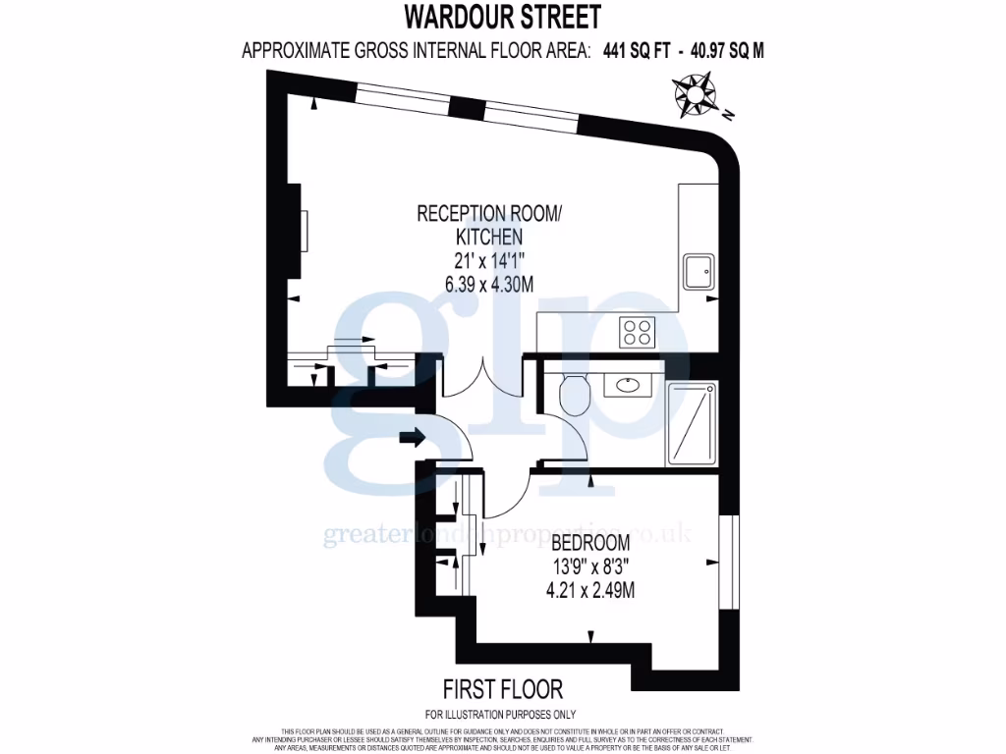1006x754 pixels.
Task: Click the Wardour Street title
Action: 502,18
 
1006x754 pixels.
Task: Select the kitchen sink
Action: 700,271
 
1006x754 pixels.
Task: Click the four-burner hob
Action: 637,332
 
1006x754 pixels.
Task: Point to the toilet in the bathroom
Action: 572,395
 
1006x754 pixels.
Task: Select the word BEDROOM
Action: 589,544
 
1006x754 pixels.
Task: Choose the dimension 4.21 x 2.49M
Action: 589,591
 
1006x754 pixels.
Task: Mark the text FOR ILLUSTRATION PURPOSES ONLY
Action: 501,714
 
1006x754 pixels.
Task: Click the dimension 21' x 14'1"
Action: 489,260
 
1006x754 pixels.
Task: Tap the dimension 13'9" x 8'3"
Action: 589,567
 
